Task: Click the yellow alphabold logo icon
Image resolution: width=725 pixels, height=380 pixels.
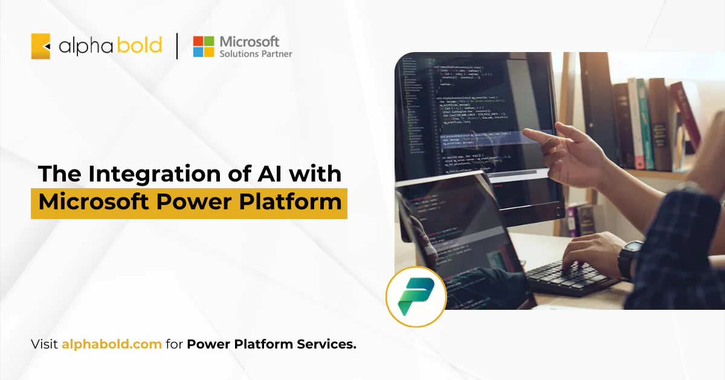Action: [40, 47]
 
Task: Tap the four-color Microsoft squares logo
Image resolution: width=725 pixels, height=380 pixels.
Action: [204, 47]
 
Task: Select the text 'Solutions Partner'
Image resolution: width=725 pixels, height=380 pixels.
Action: [256, 54]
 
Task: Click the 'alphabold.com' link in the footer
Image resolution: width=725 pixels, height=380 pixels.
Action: [111, 345]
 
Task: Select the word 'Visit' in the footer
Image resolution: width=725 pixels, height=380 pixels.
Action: [44, 345]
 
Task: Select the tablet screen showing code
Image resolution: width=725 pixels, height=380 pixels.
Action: [459, 230]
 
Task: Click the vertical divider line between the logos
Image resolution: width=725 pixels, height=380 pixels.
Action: [177, 47]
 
